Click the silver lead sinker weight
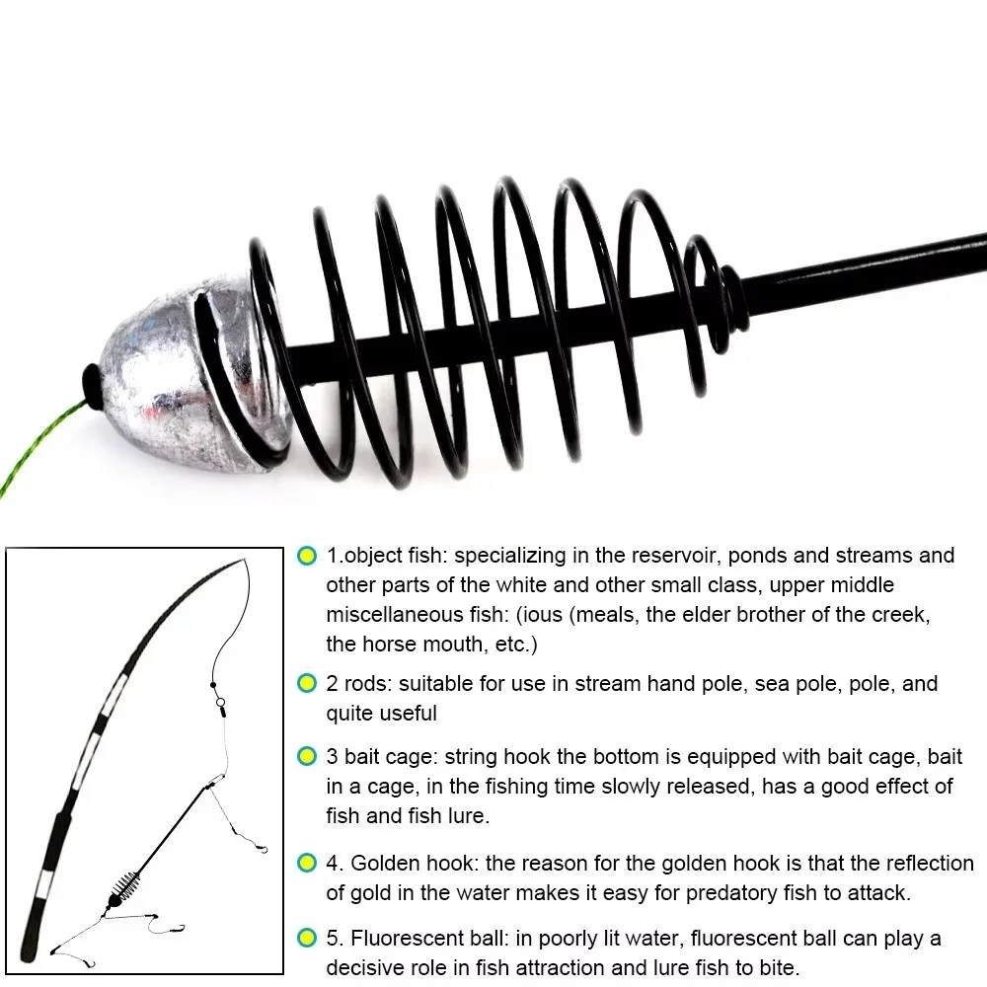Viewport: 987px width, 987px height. [189, 371]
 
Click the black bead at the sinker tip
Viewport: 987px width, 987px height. [93, 387]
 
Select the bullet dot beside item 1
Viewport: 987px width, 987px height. [307, 556]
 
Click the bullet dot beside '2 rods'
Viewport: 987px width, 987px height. [307, 683]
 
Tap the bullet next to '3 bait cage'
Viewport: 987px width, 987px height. [307, 756]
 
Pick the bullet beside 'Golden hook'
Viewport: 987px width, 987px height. [307, 863]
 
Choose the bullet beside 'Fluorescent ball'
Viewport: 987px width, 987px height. [307, 938]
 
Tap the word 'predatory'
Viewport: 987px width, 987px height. [731, 892]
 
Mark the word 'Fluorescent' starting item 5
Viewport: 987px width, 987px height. [408, 938]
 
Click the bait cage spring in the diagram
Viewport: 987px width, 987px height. [125, 883]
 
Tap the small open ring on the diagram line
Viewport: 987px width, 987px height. [220, 702]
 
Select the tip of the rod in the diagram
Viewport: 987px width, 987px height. [244, 559]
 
